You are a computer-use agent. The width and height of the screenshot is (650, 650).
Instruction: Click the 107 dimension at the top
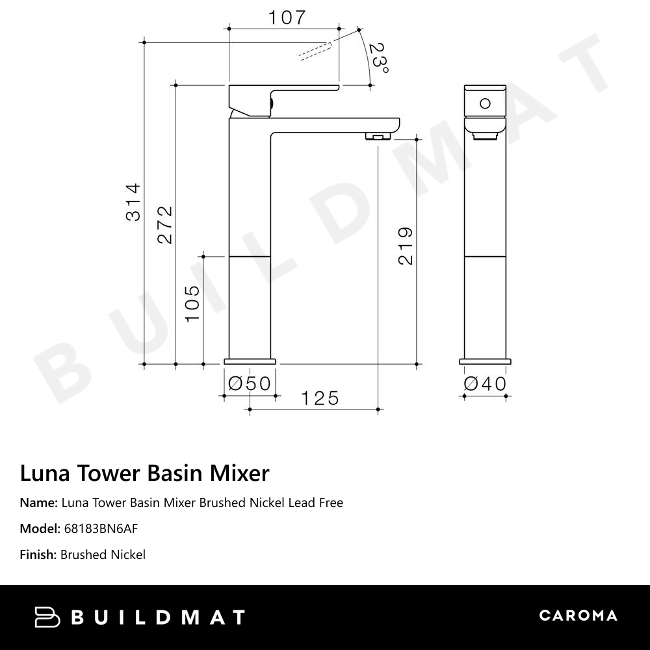point(287,18)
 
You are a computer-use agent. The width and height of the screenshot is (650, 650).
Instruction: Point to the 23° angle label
point(378,58)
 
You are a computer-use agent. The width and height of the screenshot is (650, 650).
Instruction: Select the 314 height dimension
point(133,202)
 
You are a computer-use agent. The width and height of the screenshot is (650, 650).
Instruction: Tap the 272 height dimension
point(165,224)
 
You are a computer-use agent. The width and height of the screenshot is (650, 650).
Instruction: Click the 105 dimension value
point(193,303)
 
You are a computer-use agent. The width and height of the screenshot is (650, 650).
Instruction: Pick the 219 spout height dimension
point(405,246)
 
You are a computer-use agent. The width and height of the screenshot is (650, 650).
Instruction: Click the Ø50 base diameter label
point(250,383)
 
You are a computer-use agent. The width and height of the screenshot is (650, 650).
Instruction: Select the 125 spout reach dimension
point(320,398)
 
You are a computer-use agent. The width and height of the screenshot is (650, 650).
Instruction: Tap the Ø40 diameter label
point(485,383)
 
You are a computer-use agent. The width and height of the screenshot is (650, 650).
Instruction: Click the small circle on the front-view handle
point(485,103)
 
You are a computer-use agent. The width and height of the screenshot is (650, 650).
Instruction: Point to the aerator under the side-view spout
point(377,136)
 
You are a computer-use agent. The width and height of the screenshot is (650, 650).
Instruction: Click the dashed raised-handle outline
point(315,51)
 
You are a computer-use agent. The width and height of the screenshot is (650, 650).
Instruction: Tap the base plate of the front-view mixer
point(485,361)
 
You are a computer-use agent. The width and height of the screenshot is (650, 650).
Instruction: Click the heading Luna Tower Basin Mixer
point(144,473)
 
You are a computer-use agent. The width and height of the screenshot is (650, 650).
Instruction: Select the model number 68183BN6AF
point(101,528)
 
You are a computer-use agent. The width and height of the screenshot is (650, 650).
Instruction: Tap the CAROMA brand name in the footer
point(578,616)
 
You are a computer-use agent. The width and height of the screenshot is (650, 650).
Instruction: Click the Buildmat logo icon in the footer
point(47,617)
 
